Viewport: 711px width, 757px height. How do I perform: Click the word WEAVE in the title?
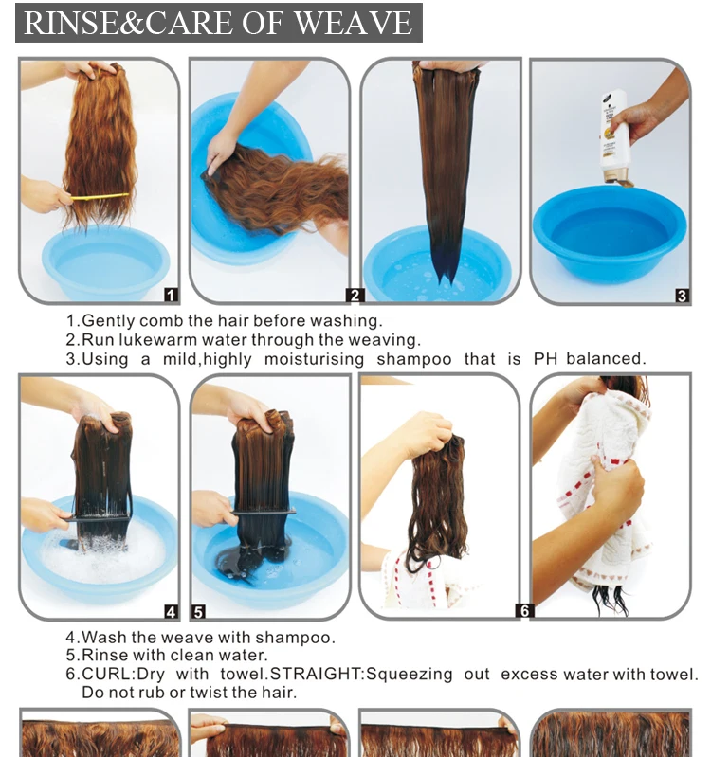click(x=353, y=22)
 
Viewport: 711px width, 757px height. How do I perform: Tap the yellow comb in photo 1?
click(x=100, y=196)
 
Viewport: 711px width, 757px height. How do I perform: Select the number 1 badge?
click(x=171, y=295)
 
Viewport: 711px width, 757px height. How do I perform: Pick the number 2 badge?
click(x=355, y=295)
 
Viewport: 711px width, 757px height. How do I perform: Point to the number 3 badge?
click(x=682, y=296)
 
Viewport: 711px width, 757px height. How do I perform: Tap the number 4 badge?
click(x=171, y=612)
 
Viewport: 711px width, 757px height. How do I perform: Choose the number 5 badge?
click(x=198, y=612)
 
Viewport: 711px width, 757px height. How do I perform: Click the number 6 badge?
click(x=524, y=611)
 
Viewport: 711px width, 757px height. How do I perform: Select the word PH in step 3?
click(x=545, y=359)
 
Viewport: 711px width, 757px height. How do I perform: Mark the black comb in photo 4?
click(x=99, y=517)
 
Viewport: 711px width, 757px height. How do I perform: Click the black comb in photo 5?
click(x=264, y=512)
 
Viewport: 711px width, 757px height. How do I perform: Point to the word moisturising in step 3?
click(x=314, y=359)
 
